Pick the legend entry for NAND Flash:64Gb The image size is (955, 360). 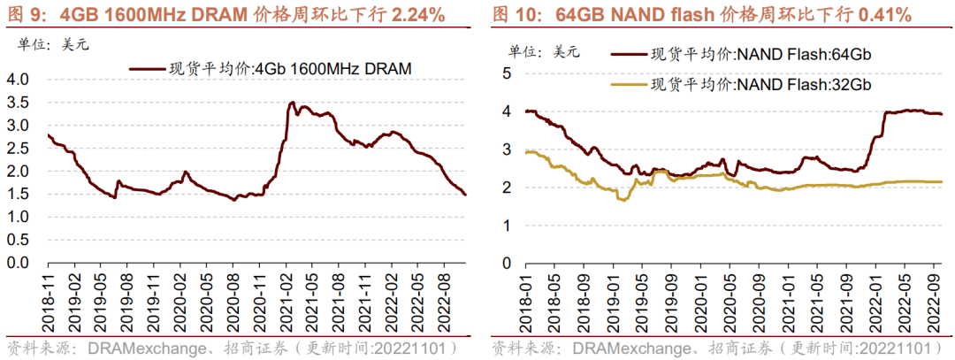pos(761,55)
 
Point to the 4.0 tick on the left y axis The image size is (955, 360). pos(18,80)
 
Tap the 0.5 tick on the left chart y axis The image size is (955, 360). pos(18,241)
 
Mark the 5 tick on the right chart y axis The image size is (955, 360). pos(508,73)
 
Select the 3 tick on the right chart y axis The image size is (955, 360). pos(508,149)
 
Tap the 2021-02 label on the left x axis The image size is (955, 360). pos(288,299)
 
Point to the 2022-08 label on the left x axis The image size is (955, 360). pos(448,299)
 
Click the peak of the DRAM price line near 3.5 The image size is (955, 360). pos(292,103)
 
